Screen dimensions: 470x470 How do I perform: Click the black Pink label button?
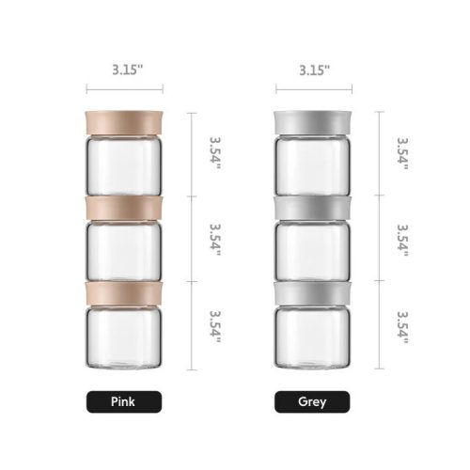click(122, 402)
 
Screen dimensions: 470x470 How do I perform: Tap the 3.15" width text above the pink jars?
click(122, 70)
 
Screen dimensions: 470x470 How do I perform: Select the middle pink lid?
click(122, 208)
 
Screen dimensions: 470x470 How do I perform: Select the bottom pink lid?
click(122, 291)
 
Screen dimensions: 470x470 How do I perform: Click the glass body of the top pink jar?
click(122, 165)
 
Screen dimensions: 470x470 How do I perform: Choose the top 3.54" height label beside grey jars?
click(402, 152)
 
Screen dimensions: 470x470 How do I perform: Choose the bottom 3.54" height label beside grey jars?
click(402, 326)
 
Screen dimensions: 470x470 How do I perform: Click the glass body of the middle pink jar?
click(122, 250)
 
